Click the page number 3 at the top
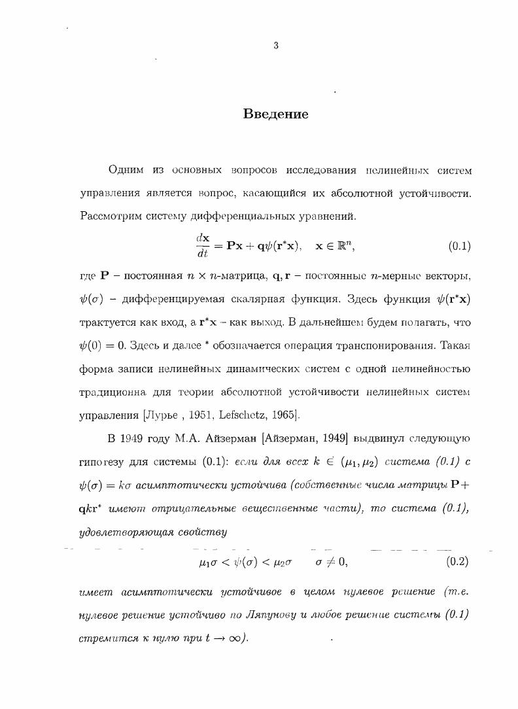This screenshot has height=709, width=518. pos(276,46)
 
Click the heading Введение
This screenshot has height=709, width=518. pos(275,114)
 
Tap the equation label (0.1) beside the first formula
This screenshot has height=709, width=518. pos(459,247)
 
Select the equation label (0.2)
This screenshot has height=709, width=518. pos(458,561)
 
